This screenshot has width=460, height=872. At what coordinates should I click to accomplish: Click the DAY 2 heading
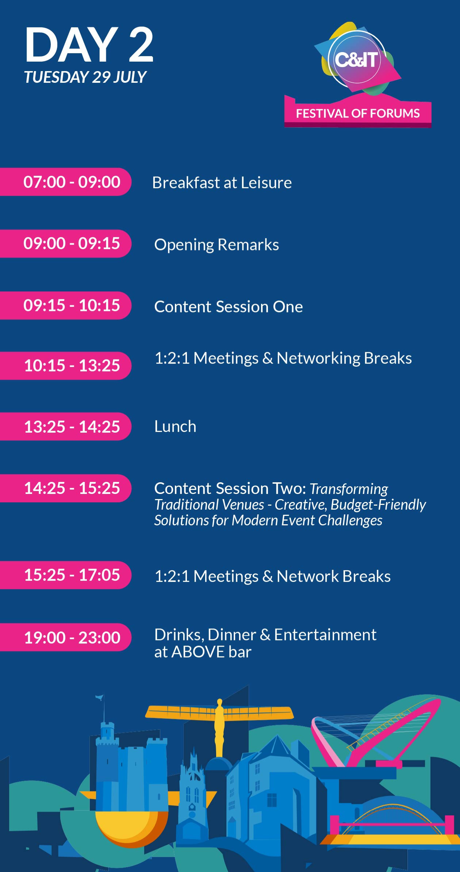[89, 45]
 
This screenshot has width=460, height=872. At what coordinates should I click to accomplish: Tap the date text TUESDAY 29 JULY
[85, 77]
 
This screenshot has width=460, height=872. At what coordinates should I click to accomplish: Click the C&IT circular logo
[357, 59]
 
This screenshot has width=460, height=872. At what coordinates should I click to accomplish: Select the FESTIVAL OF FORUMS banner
[358, 113]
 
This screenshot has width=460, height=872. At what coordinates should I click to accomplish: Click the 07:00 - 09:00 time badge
[66, 182]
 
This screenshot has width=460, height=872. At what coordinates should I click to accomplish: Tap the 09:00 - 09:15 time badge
[66, 244]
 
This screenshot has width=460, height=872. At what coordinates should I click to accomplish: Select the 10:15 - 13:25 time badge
[66, 366]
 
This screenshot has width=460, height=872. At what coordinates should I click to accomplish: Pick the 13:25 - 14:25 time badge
[66, 427]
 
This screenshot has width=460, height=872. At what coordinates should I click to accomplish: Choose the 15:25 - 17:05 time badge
[66, 575]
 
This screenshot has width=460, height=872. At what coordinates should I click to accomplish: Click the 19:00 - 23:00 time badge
[66, 637]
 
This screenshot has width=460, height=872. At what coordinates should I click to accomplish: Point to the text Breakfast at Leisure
[222, 183]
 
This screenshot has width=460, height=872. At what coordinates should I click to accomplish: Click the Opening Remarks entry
[216, 245]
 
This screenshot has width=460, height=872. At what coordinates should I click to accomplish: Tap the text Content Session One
[229, 307]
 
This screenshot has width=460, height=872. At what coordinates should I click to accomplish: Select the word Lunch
[175, 427]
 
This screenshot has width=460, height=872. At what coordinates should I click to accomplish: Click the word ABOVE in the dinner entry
[198, 652]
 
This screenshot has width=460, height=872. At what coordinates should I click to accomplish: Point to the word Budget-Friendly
[378, 505]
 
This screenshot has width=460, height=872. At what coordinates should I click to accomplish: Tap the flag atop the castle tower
[99, 697]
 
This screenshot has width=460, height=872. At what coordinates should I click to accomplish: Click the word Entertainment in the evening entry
[325, 635]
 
